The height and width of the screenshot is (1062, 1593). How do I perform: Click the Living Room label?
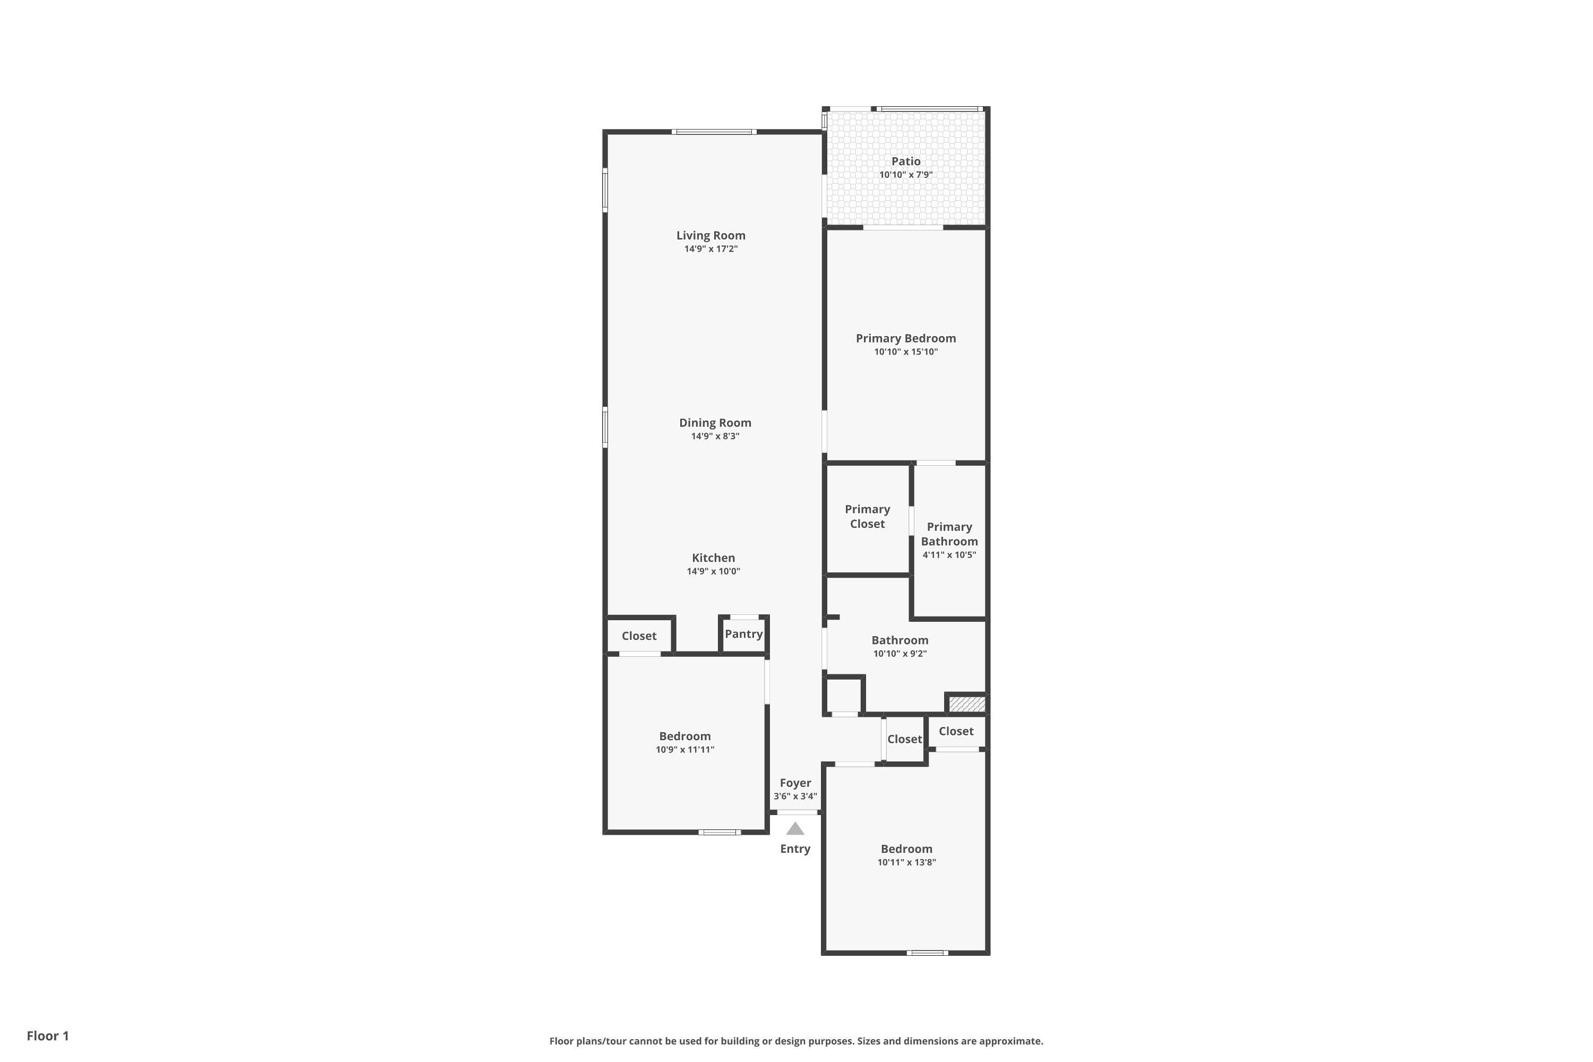710,236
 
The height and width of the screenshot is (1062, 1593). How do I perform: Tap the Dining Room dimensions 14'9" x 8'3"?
715,436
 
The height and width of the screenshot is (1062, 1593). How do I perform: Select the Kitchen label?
713,558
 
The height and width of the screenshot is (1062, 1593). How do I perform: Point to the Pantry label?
744,634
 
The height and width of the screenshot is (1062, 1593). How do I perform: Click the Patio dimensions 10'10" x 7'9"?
905,175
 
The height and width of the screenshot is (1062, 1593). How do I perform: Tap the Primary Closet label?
867,516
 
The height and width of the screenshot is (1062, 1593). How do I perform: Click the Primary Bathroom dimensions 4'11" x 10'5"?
949,555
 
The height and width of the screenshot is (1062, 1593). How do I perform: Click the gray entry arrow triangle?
795,829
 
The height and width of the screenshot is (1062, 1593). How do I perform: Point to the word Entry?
795,849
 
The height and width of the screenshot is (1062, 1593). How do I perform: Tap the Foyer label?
795,783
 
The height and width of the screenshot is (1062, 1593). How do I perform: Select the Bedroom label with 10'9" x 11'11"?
685,736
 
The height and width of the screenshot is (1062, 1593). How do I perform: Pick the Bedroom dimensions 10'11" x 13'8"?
906,862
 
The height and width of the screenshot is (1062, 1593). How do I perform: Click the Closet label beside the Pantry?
639,636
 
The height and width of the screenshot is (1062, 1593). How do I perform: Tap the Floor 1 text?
47,1035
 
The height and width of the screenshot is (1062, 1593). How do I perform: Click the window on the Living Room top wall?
714,131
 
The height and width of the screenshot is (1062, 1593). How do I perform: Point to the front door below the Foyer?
796,812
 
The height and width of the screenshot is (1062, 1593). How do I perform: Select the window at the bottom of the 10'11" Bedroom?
927,953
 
